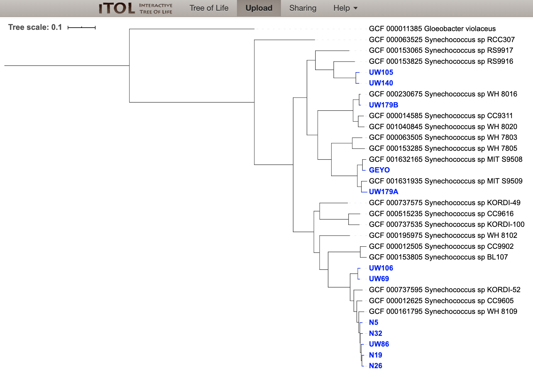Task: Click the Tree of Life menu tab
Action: (x=209, y=8)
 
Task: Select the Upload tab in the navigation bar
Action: (x=259, y=8)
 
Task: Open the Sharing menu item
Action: (x=303, y=8)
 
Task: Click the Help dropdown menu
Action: (x=345, y=8)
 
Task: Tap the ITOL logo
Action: (x=135, y=8)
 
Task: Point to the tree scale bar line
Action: (x=82, y=28)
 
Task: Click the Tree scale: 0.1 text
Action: (x=35, y=27)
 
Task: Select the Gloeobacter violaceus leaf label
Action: (x=432, y=29)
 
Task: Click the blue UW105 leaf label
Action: (x=381, y=72)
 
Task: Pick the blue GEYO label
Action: (x=379, y=170)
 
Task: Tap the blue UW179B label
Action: (x=384, y=105)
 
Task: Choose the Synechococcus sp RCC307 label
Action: (x=442, y=40)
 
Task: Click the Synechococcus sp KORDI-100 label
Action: (x=447, y=225)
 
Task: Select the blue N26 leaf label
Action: (x=376, y=366)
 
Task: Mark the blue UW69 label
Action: (x=379, y=279)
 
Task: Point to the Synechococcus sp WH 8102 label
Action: (x=443, y=236)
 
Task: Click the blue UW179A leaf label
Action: (x=384, y=192)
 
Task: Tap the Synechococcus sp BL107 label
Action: (x=438, y=257)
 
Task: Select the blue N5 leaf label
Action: (x=374, y=323)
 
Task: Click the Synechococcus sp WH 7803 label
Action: (x=443, y=138)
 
